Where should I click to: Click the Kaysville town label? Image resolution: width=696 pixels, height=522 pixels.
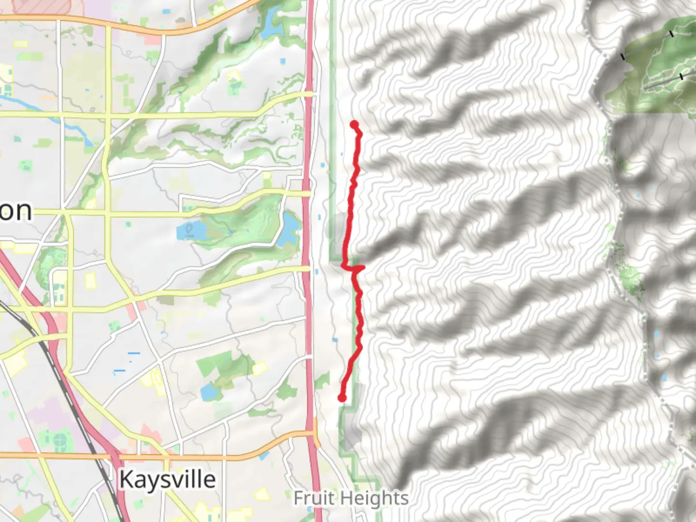coord(167,479)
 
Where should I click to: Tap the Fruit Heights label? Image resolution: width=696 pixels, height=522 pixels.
coord(351,498)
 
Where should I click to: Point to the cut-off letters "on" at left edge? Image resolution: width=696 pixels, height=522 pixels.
coord(15,211)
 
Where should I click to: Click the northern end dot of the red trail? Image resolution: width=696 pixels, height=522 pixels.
coord(354,125)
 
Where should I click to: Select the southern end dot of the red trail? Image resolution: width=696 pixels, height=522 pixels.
coord(342,398)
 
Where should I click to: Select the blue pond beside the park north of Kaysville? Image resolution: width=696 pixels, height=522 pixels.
coord(210,392)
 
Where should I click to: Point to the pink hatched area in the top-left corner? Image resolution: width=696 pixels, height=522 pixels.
coord(41,6)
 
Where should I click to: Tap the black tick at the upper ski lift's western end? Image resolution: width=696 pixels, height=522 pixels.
coord(623,57)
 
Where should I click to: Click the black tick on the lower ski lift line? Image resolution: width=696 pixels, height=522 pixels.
coord(681,76)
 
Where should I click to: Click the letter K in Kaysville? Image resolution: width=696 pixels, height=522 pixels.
coord(125,479)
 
